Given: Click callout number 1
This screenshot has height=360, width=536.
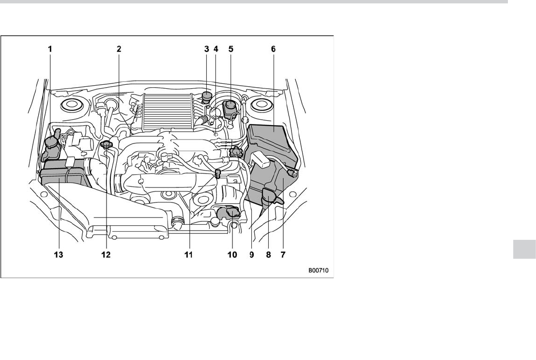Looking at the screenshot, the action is tap(50, 49).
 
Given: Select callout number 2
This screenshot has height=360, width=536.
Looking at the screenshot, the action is tap(119, 49).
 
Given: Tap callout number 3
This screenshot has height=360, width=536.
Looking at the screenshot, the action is tap(206, 49).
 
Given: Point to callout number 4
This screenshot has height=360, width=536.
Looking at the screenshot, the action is tap(216, 49).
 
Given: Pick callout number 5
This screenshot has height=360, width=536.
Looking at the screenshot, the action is tap(231, 49).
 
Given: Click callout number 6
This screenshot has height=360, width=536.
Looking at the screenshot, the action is tap(273, 49).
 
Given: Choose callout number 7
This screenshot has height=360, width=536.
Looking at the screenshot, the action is tap(283, 254).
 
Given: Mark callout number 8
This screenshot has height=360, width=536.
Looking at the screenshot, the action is tap(268, 254).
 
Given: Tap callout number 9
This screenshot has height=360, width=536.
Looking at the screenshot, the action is tap(252, 254).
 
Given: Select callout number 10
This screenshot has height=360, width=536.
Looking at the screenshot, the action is tap(232, 254).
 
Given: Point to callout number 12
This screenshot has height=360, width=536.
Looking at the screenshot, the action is tap(106, 254).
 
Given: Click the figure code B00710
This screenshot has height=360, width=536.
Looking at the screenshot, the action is tap(318, 270).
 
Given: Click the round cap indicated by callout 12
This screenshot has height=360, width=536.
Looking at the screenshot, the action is tap(107, 144).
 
